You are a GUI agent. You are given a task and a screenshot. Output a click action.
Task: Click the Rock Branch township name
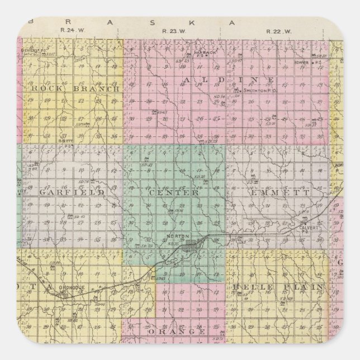tap(75, 88)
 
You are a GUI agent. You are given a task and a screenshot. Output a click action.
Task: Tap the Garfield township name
tap(72, 192)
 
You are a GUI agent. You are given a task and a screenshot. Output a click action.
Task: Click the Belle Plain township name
tap(277, 287)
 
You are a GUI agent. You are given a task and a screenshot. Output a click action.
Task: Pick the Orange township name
tap(176, 332)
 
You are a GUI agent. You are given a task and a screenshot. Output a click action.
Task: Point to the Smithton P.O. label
tap(257, 90)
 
